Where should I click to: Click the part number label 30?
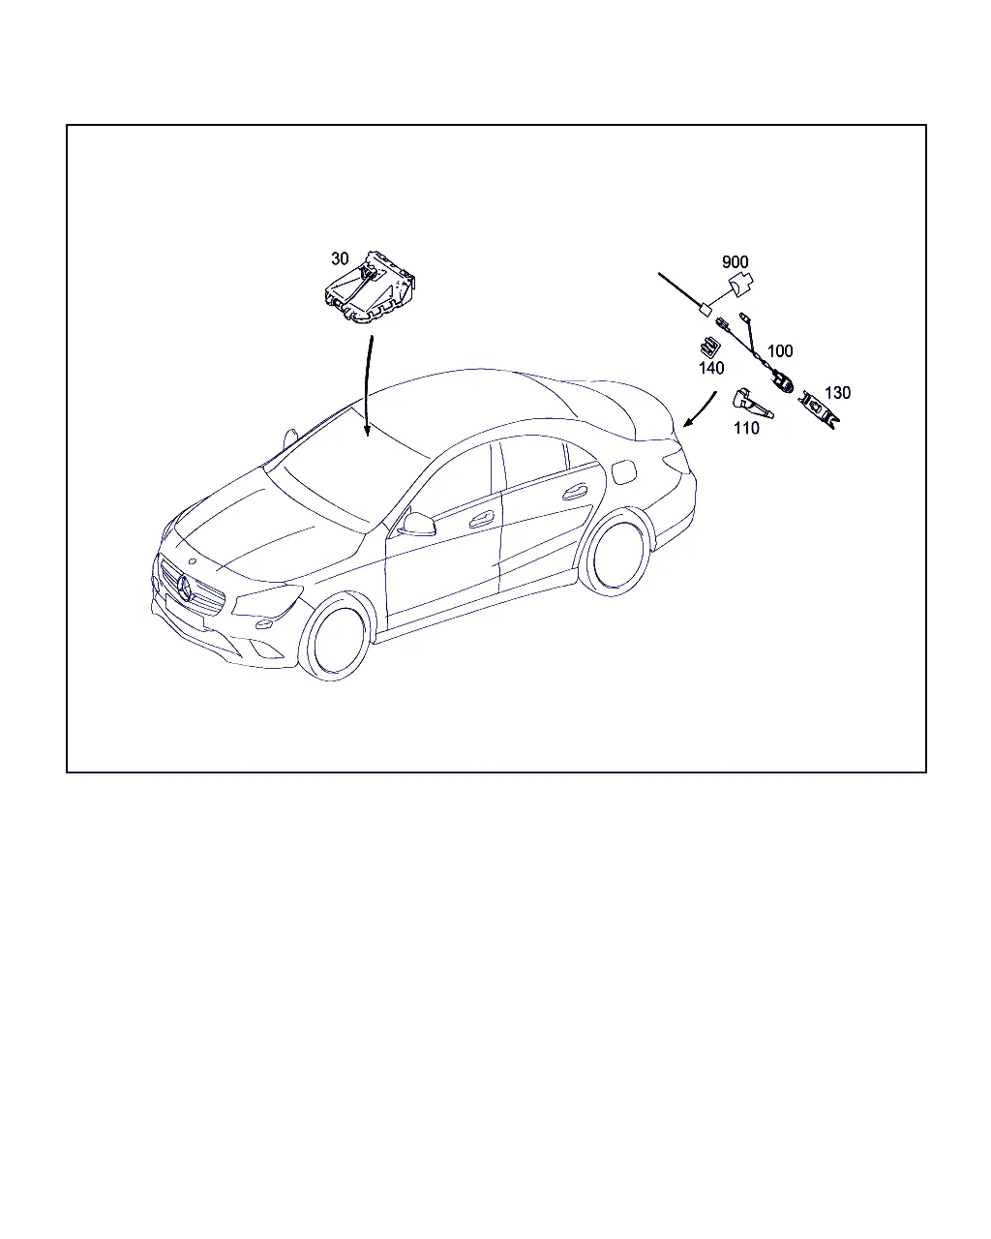(340, 259)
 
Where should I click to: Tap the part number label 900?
(735, 262)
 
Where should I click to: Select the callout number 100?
(780, 350)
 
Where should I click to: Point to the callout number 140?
(711, 368)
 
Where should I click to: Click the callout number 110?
(746, 428)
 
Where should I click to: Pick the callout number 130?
(837, 393)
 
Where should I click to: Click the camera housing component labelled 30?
(371, 288)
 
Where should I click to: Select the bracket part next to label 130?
(820, 409)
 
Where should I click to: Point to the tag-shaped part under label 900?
(741, 285)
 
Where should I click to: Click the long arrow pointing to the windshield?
(367, 386)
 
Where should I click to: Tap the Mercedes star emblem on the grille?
(185, 588)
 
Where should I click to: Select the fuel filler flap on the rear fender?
(622, 472)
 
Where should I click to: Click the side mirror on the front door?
(417, 524)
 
